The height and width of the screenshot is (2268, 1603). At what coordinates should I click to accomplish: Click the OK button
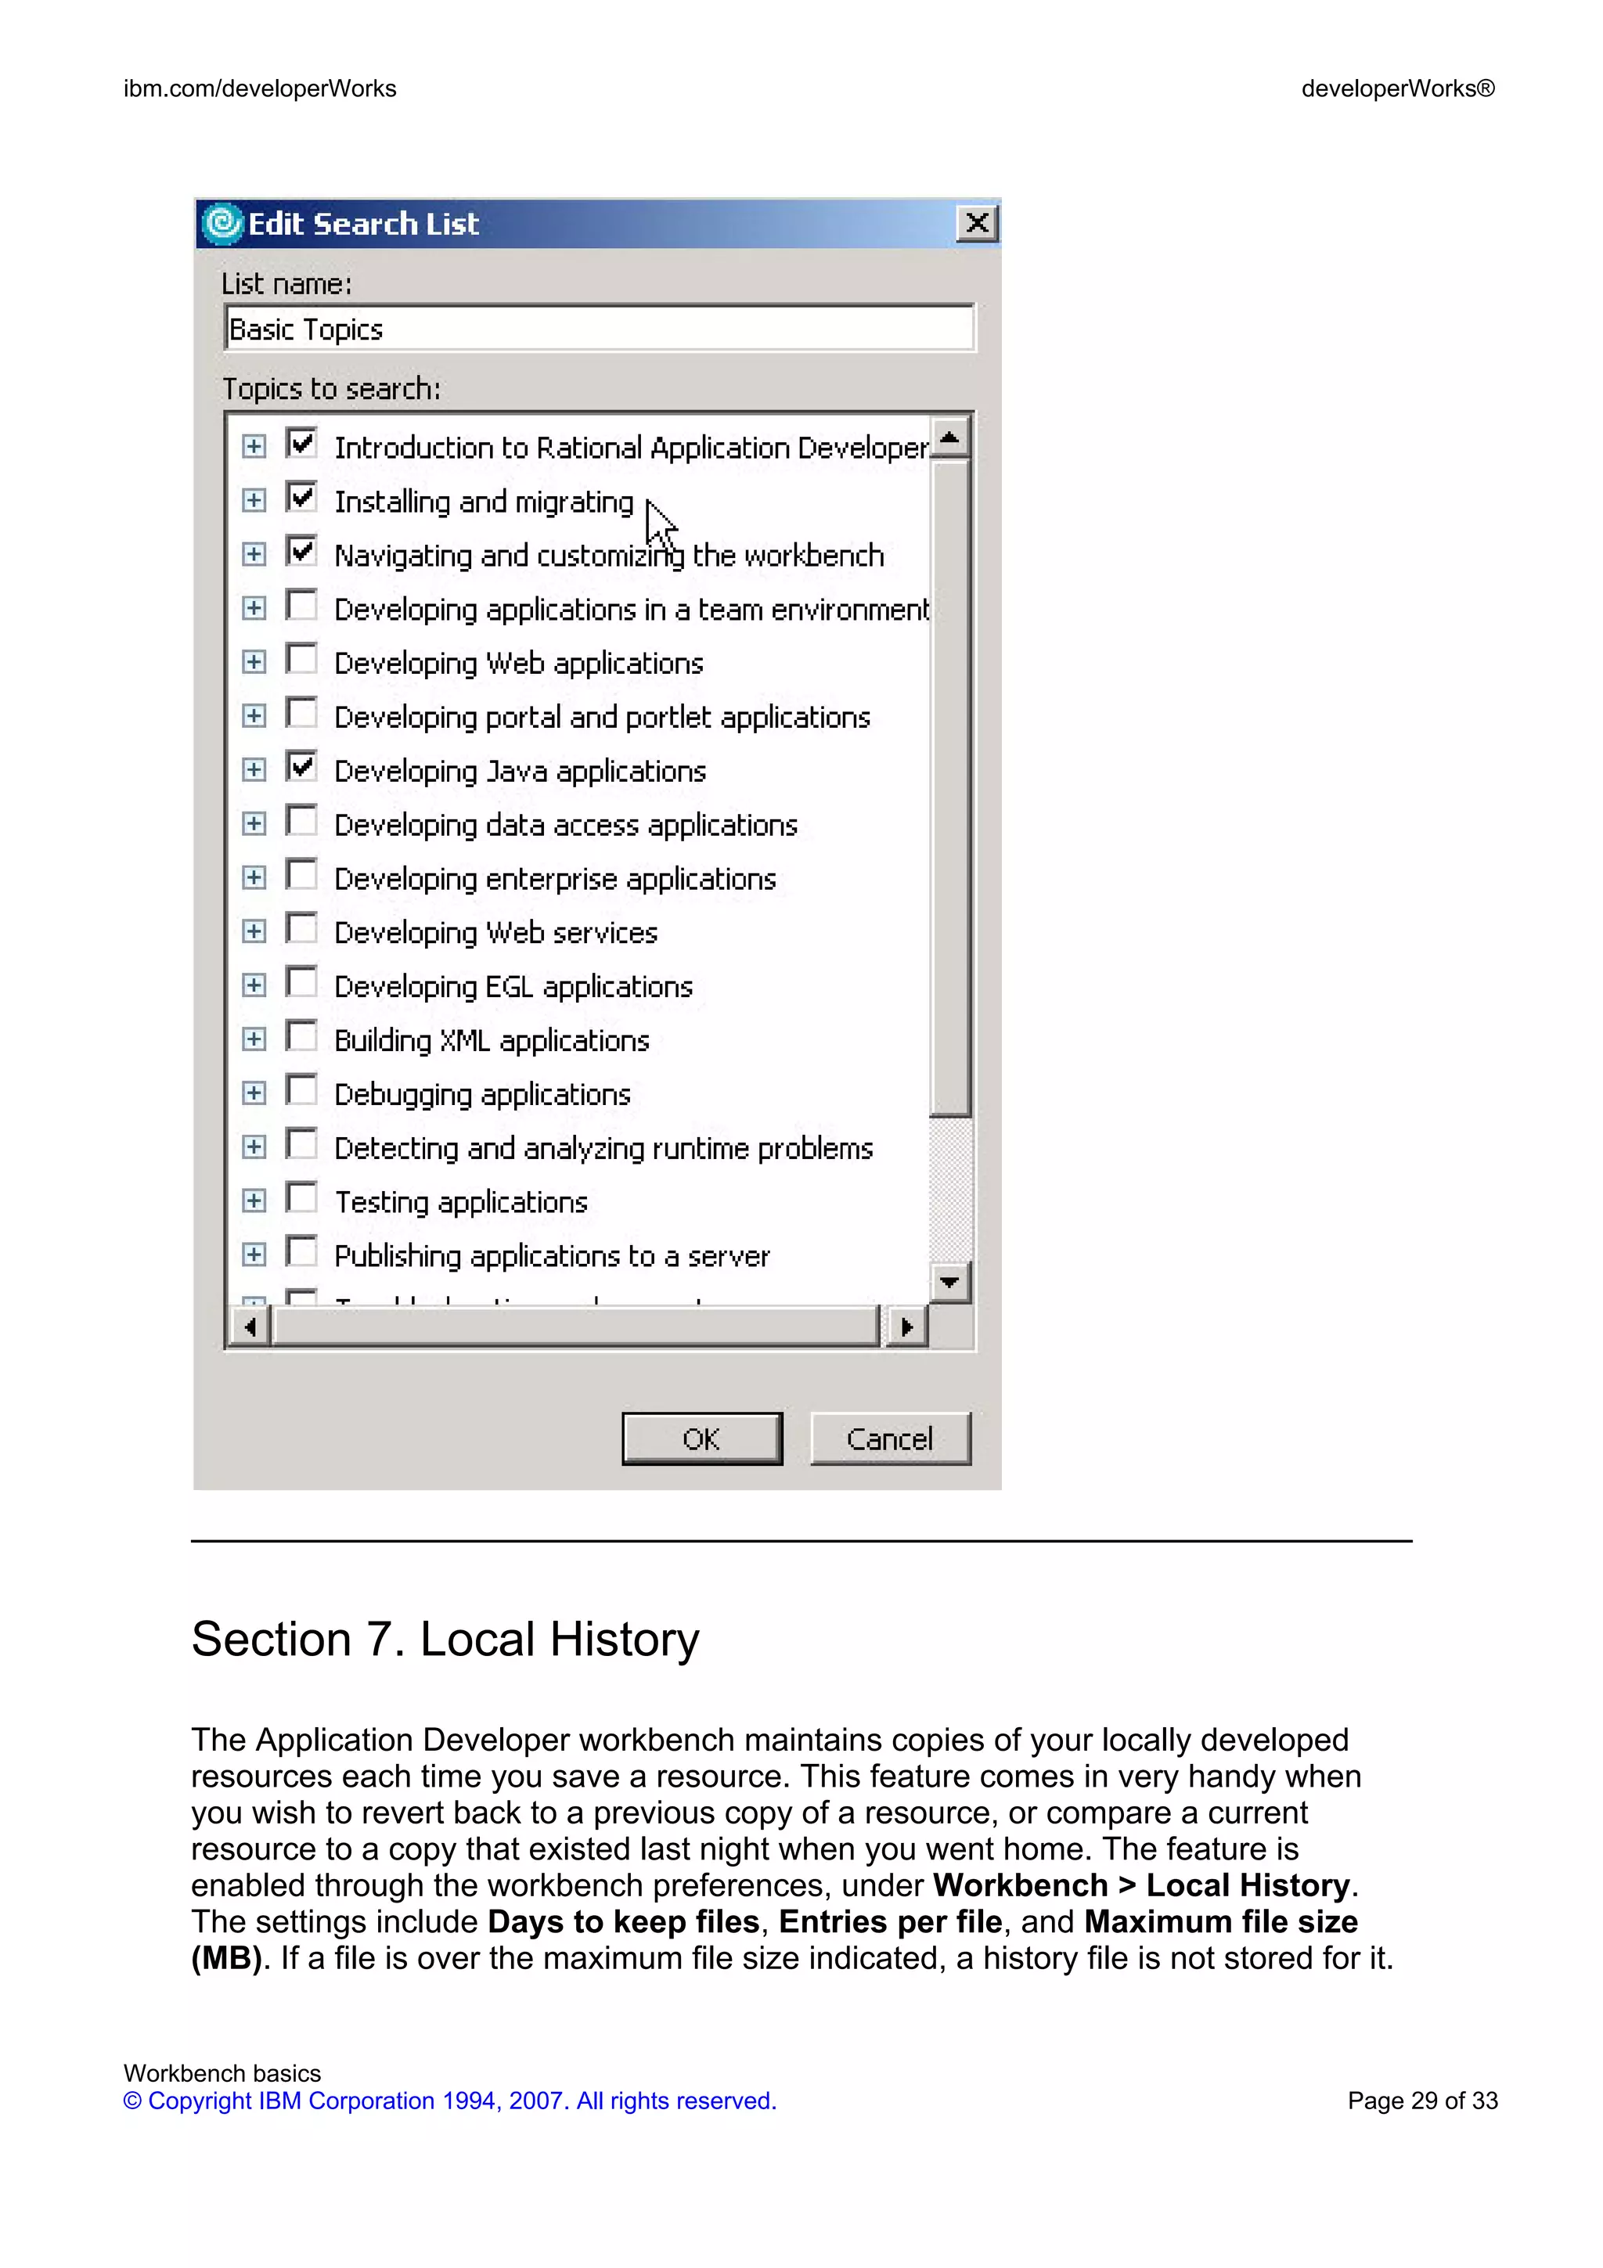[x=701, y=1438]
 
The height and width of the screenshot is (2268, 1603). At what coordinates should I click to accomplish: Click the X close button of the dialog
[x=977, y=223]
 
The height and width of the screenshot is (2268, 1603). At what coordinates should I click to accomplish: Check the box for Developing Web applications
[x=301, y=660]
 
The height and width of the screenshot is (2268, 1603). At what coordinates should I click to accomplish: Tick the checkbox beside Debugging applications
[x=301, y=1090]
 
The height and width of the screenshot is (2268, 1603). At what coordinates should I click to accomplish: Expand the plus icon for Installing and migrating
[x=254, y=501]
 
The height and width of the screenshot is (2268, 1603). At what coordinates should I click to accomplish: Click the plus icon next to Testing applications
[x=254, y=1201]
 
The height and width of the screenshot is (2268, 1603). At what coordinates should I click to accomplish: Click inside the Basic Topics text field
[x=599, y=329]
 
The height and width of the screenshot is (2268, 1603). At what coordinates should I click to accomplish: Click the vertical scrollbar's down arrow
[x=950, y=1282]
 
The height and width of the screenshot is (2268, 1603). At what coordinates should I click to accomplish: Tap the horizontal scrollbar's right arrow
[x=906, y=1327]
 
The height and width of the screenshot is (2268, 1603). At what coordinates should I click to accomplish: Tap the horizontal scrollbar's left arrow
[x=250, y=1327]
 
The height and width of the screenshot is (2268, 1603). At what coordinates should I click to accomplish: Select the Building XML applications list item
[x=491, y=1041]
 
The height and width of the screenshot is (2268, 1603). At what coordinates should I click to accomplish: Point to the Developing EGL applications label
[x=513, y=987]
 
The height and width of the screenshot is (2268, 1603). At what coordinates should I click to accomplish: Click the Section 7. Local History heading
[x=445, y=1640]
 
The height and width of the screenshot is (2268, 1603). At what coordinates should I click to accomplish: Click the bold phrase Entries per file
[x=890, y=1921]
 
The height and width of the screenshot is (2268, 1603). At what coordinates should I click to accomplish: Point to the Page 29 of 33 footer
[x=1421, y=2101]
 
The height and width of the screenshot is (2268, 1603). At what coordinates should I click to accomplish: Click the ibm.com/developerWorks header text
[x=260, y=89]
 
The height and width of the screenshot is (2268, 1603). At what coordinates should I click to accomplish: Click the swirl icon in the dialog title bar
[x=223, y=223]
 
